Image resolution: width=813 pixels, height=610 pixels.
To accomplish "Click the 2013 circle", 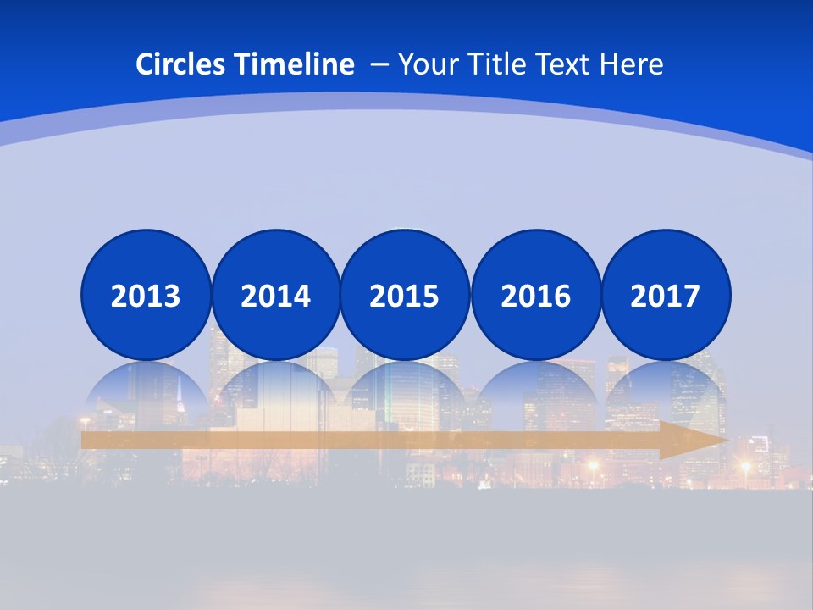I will (x=146, y=295).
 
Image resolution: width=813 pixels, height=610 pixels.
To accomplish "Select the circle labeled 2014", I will (x=276, y=295).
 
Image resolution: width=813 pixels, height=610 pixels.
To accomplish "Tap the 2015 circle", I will (x=405, y=295).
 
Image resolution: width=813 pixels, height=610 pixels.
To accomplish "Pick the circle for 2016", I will (x=535, y=295).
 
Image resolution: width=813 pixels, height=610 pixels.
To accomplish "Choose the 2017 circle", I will (x=666, y=295).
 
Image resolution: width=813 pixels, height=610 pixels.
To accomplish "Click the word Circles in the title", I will (x=181, y=64).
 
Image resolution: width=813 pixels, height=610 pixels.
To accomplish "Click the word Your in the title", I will (x=423, y=64).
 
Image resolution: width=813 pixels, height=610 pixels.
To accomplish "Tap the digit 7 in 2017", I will (x=691, y=296).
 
